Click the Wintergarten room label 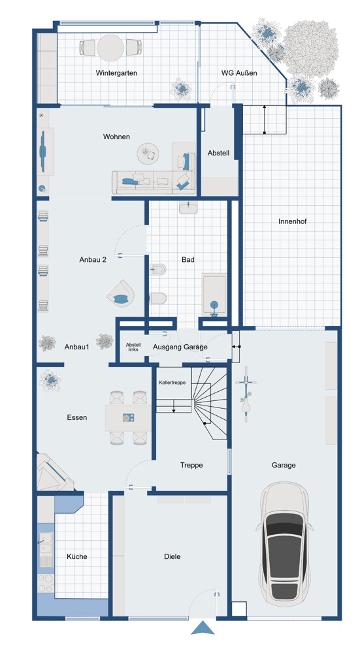coord(116,73)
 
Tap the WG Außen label coord(239,73)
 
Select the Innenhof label coord(293,221)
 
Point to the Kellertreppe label coord(172,382)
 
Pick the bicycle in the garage coord(246,394)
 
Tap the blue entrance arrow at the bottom coord(203,628)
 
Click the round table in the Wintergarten coord(110,48)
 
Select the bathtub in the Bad coord(214,295)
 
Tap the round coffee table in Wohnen coord(148,153)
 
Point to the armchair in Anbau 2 coord(121,294)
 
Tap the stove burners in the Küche coord(46,582)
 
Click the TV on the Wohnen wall coord(42,151)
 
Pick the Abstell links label coord(133,347)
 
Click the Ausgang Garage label coord(180,347)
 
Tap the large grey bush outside coord(310,48)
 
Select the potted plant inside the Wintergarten coord(181,89)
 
